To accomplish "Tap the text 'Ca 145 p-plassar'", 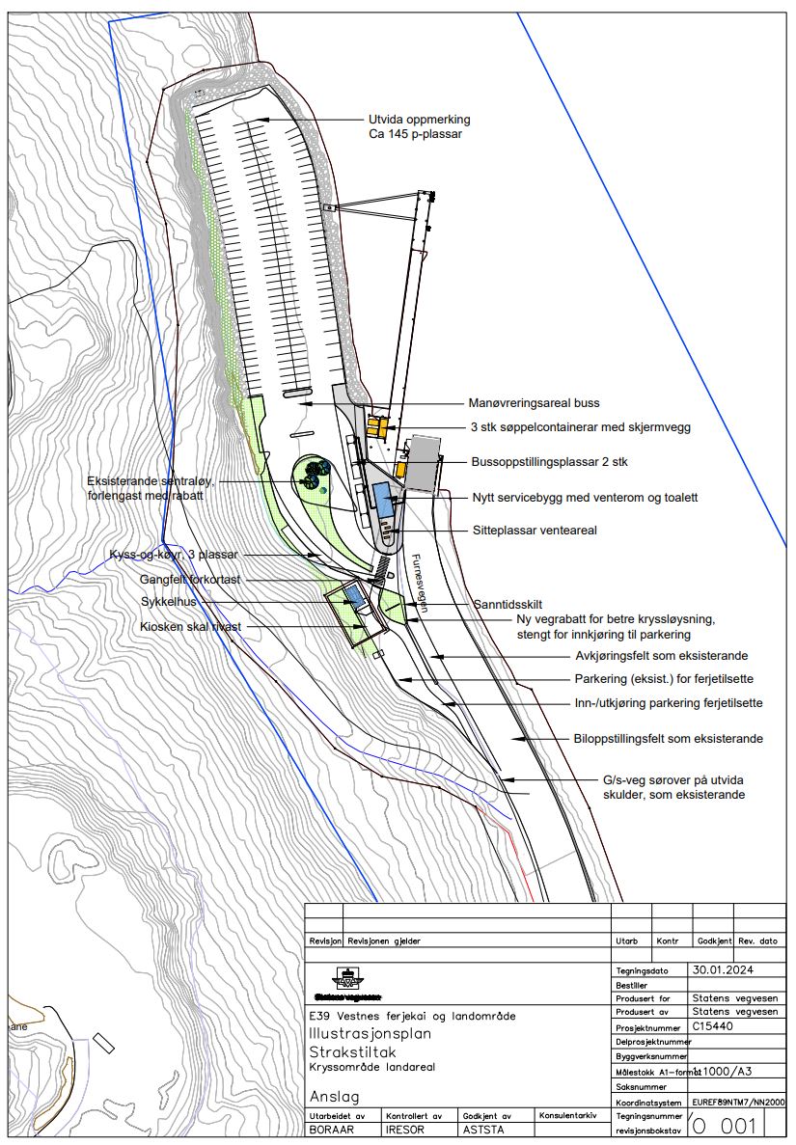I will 415,135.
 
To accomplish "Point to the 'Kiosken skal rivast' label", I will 190,626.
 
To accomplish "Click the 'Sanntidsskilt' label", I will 508,605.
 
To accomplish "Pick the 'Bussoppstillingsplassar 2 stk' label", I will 549,463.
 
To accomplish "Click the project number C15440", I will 713,1026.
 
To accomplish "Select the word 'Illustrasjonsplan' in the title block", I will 370,1032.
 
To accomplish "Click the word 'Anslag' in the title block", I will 334,1097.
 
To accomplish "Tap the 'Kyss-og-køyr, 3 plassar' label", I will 173,556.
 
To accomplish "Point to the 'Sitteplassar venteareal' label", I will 535,531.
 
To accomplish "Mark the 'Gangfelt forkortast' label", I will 189,580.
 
